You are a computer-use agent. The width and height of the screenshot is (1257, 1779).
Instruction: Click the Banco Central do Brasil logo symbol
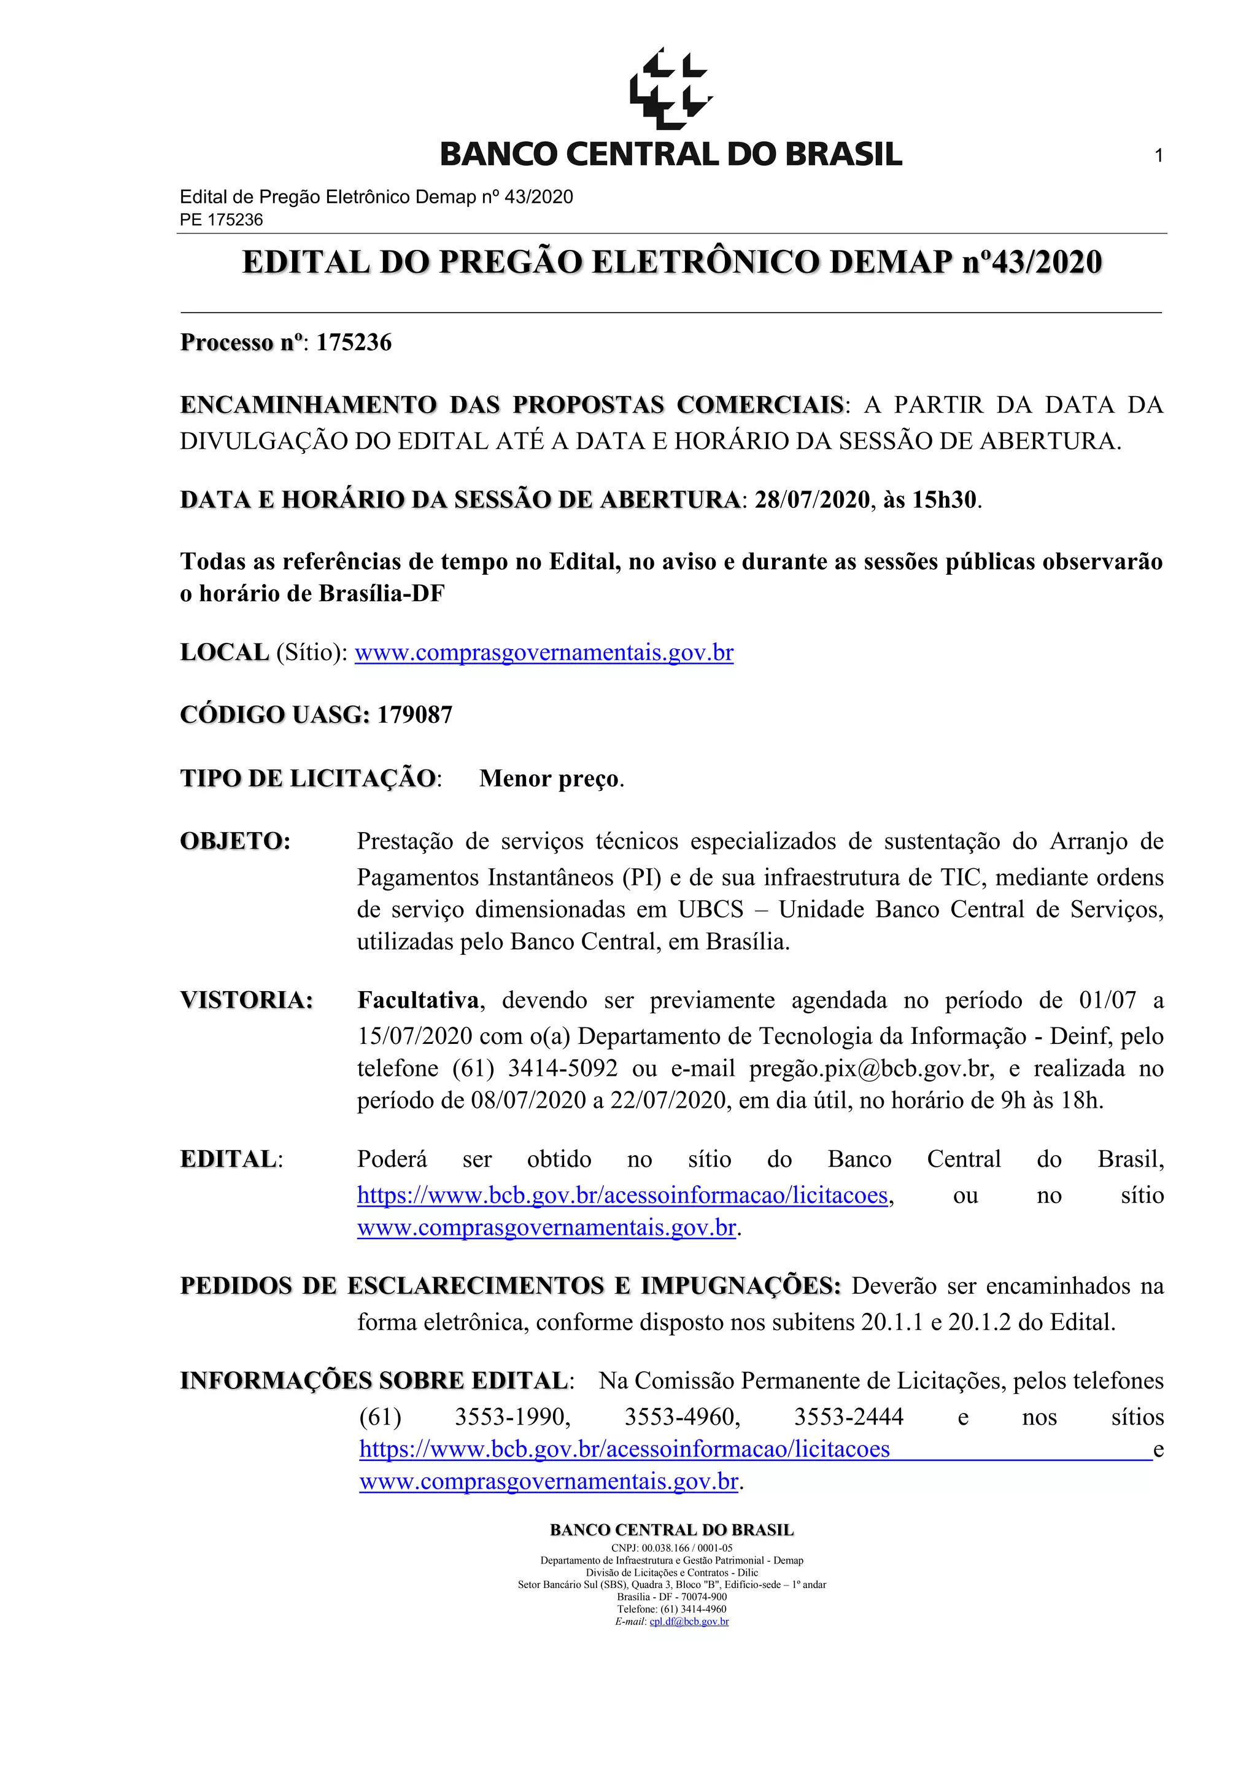[x=671, y=88]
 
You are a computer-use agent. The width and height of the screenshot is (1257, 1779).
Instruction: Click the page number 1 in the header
[x=1159, y=156]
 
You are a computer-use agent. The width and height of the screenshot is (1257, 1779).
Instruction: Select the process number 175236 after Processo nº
[x=354, y=343]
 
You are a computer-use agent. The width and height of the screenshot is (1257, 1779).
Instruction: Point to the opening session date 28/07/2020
[x=813, y=500]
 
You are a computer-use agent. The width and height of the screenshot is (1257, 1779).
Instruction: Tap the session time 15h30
[x=944, y=500]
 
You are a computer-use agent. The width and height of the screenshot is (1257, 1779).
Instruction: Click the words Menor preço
[x=550, y=778]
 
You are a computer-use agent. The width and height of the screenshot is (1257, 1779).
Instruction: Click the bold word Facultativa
[x=418, y=1000]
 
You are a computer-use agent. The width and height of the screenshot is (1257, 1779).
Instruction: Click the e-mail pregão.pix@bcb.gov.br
[x=870, y=1069]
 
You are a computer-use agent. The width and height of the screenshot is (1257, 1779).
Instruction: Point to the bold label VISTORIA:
[x=246, y=1000]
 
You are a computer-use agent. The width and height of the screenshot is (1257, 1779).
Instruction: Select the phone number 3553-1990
[x=512, y=1417]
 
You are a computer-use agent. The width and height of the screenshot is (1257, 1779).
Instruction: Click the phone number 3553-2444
[x=849, y=1417]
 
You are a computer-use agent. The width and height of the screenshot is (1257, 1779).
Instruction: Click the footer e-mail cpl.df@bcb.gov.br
[x=689, y=1622]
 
